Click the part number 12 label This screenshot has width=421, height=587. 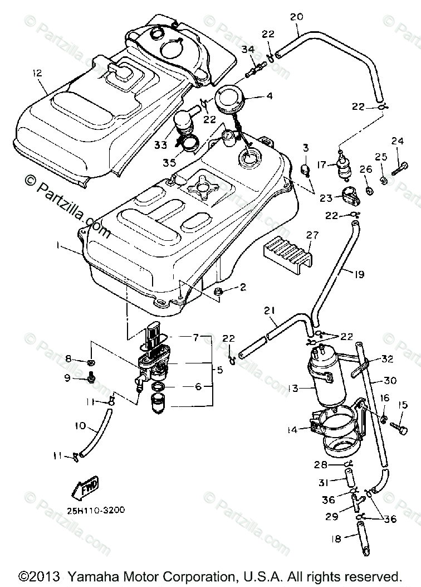(x=37, y=72)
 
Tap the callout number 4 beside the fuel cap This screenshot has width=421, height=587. (x=253, y=96)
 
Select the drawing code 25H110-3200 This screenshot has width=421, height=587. (x=90, y=510)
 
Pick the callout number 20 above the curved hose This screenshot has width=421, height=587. (x=296, y=17)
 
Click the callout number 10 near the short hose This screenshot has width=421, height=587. (x=80, y=426)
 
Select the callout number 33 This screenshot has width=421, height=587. (x=161, y=144)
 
